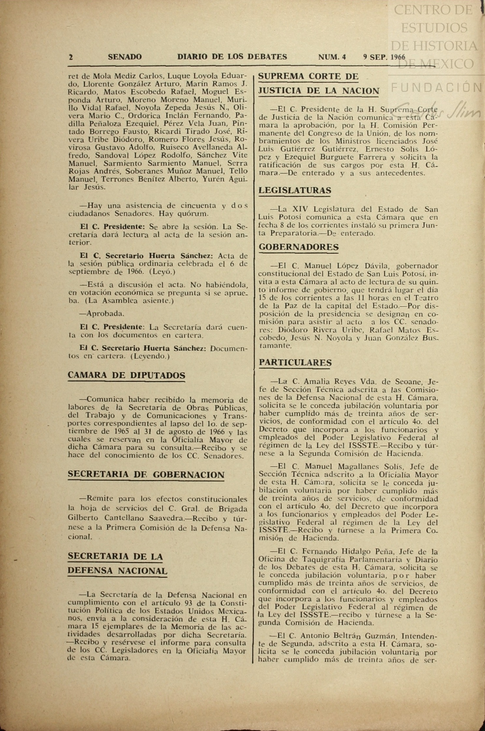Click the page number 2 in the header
71,57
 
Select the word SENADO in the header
125,57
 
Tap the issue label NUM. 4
332,57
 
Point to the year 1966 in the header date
397,57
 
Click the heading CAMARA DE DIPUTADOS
126,375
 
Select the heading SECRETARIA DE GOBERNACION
146,475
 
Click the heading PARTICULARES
295,362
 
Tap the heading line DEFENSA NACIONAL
118,571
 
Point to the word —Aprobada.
97,314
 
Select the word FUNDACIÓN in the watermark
436,87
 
